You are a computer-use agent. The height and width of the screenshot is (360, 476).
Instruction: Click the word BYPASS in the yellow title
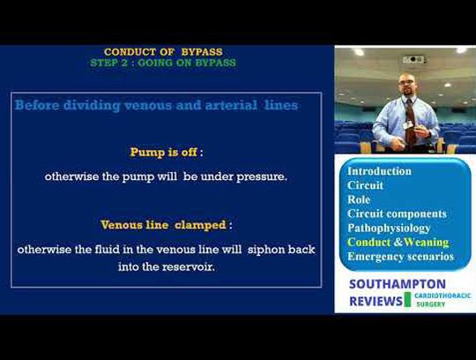click(202, 52)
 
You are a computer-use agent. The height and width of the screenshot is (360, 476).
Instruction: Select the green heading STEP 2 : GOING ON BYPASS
click(163, 63)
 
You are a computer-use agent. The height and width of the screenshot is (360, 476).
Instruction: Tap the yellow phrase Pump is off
click(164, 152)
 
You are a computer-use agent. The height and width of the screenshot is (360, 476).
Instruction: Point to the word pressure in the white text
click(262, 176)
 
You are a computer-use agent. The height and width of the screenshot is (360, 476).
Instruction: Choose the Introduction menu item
click(379, 171)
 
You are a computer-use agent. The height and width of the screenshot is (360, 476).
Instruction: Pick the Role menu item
click(359, 199)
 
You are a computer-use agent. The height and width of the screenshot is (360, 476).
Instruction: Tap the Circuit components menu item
click(397, 214)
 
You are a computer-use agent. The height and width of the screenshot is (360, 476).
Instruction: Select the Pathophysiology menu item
click(389, 229)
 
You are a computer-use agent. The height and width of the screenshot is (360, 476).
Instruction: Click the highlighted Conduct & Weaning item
click(398, 243)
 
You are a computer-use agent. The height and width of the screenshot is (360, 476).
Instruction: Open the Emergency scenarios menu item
click(401, 257)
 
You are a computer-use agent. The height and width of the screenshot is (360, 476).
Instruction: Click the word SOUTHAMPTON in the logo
click(398, 284)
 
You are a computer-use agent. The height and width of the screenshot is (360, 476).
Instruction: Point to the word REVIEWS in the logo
click(376, 302)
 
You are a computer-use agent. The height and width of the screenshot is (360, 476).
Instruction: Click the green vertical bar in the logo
click(407, 300)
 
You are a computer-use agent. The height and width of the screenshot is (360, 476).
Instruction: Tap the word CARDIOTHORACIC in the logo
click(443, 296)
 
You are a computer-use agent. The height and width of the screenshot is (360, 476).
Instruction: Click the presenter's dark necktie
click(410, 123)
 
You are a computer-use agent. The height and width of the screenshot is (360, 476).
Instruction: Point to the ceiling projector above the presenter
click(413, 59)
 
